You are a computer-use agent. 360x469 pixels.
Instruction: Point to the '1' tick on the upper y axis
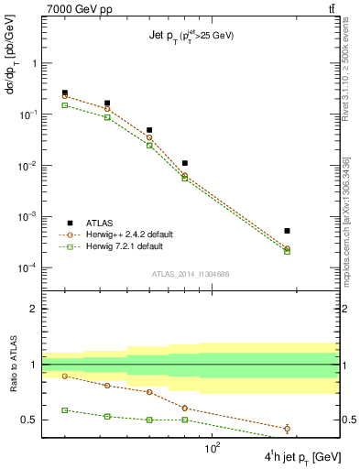click(x=34, y=63)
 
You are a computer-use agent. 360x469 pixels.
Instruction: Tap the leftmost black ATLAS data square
click(x=64, y=93)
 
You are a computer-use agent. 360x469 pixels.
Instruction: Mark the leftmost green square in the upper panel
click(x=64, y=105)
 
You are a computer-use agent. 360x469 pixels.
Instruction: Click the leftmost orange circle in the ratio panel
click(x=64, y=376)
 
